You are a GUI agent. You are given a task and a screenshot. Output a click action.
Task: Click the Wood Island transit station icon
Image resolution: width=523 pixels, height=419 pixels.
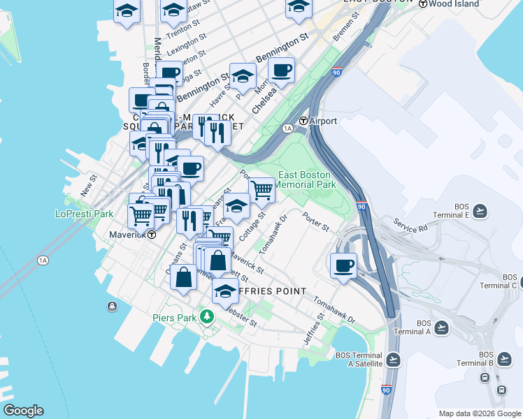[423, 3]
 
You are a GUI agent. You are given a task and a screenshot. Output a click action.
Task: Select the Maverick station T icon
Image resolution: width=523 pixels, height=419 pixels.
[151, 235]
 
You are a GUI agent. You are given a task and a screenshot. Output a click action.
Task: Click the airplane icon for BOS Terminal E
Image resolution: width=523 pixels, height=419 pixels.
[480, 210]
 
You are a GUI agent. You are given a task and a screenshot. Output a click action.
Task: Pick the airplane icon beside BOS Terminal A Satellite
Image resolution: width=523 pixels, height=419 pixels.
[393, 360]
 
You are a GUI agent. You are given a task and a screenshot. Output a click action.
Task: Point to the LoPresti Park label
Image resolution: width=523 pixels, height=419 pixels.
[85, 214]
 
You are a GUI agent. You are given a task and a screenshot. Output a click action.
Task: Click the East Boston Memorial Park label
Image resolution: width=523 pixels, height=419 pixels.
[306, 179]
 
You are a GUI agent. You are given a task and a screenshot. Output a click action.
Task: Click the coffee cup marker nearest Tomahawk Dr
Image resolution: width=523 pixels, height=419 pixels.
[343, 265]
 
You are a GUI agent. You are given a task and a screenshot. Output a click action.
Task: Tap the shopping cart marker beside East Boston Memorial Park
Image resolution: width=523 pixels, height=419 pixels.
[261, 189]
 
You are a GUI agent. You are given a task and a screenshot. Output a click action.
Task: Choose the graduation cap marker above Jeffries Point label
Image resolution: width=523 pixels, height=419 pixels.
[225, 291]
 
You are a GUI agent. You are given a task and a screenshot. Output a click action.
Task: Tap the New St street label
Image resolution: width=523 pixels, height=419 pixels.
[87, 185]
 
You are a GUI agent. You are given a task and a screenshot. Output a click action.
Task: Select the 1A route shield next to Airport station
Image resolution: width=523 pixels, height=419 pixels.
[287, 128]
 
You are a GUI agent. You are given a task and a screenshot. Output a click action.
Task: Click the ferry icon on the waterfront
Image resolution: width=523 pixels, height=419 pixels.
[112, 306]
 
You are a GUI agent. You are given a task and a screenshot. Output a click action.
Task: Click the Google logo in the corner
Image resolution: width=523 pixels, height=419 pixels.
[23, 411]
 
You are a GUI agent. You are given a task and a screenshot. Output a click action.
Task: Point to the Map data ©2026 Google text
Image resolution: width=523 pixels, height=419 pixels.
[478, 413]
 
